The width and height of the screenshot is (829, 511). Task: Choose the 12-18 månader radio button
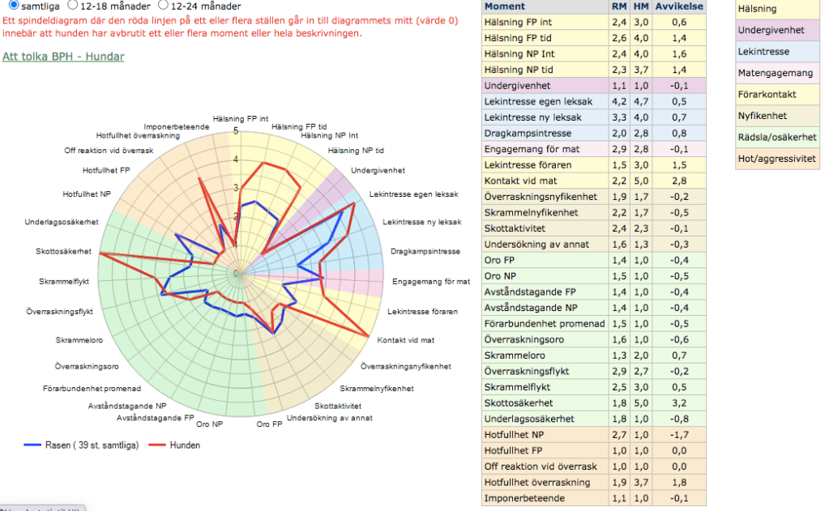tap(72, 5)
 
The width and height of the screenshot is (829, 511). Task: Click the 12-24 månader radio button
tap(164, 5)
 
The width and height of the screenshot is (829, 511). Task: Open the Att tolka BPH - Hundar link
tap(63, 57)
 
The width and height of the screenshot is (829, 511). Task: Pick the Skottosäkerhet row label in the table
tap(519, 402)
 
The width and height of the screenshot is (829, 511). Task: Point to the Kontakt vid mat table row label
tap(520, 180)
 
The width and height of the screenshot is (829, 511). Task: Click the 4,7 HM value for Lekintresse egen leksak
tap(641, 101)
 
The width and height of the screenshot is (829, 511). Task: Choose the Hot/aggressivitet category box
tap(776, 159)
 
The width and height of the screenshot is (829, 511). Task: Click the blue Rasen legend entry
tap(81, 445)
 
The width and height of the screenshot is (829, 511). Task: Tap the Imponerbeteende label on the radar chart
tap(176, 127)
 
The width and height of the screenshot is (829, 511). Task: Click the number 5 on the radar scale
tap(236, 130)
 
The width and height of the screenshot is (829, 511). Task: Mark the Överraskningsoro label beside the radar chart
tap(82, 366)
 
